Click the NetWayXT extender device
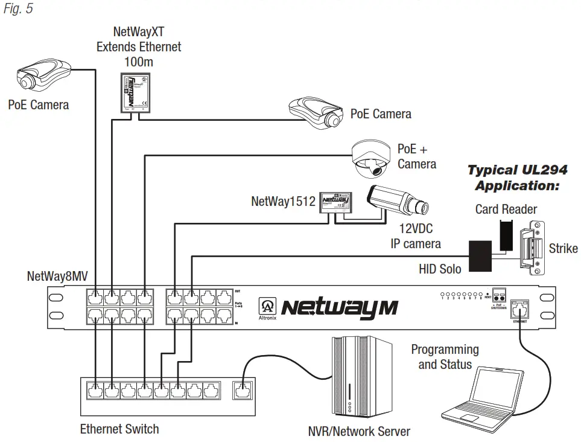point(133,92)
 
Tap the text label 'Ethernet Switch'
point(119,429)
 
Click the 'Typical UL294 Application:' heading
point(518,178)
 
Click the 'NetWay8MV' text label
point(58,277)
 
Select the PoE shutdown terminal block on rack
point(498,295)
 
